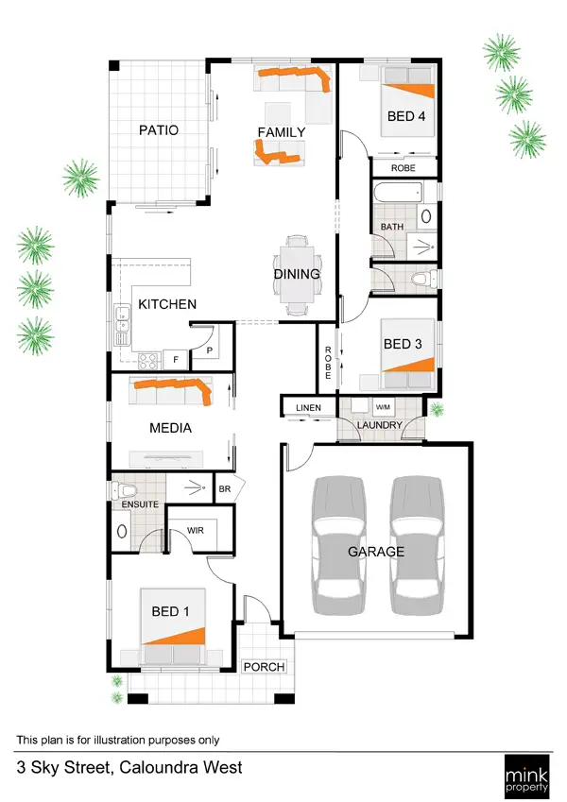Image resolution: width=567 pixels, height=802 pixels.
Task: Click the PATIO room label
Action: pos(158,130)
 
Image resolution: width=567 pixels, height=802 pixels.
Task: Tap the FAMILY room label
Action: pos(282,132)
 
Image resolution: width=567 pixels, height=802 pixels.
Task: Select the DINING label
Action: pos(297,275)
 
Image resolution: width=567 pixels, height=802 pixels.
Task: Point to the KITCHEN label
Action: pos(167,304)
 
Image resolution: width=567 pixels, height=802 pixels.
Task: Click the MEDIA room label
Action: pos(170,428)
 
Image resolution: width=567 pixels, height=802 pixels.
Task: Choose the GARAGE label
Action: pos(375,552)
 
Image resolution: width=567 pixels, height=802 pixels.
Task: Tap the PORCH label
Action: pos(265,667)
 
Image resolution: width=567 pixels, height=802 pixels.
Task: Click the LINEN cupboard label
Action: pos(308,408)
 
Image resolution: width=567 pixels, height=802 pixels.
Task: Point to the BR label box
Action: pos(226,489)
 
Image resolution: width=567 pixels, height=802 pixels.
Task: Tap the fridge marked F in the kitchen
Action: pos(175,360)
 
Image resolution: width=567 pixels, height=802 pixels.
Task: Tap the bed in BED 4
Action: pos(407,102)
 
